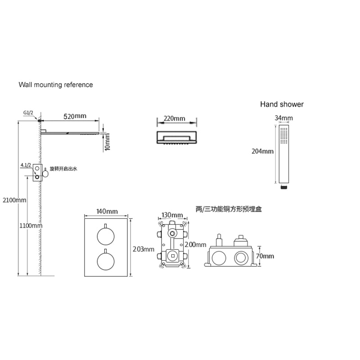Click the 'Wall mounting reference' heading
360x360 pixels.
(56, 85)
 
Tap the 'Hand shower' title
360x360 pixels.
(282, 104)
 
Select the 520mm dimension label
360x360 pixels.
(75, 116)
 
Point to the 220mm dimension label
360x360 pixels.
(174, 118)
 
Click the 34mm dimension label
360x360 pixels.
(284, 118)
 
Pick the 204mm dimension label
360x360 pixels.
(262, 151)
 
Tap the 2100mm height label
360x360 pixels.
(14, 200)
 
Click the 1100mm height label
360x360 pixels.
(31, 226)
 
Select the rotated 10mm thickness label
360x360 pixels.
(107, 142)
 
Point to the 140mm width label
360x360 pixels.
(107, 211)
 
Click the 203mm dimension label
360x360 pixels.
(144, 249)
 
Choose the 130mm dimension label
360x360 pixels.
(172, 215)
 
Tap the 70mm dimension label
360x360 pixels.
(265, 256)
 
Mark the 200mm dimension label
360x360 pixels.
(195, 245)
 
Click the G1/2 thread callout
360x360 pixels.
(28, 113)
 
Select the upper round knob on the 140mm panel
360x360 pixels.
(106, 237)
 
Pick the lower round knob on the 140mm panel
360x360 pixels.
(106, 261)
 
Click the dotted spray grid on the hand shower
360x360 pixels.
(284, 135)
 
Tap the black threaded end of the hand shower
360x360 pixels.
(284, 187)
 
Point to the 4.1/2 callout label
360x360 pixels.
(26, 165)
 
